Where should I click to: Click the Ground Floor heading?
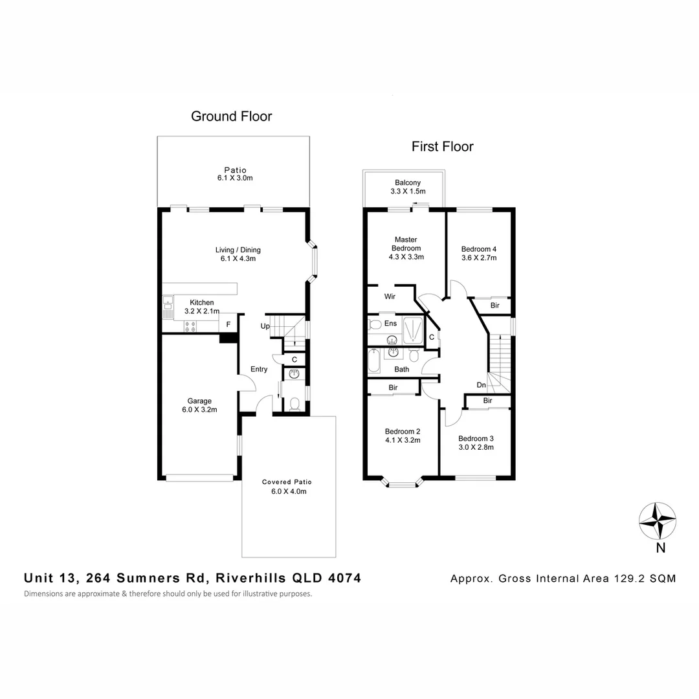coord(231,116)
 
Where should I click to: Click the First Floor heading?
coord(442,147)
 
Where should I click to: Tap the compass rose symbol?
coord(658,521)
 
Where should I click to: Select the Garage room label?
coord(199,401)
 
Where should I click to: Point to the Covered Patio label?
coord(287,482)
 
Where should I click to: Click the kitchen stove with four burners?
coord(190,326)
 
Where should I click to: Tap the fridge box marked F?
coord(228,324)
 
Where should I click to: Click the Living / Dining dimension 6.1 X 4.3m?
coord(238,258)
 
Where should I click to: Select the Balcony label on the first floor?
coord(408,183)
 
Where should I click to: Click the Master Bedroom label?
coord(406,244)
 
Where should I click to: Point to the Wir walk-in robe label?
coord(390,296)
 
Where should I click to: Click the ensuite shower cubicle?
coord(413,330)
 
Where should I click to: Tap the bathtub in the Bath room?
coord(374,361)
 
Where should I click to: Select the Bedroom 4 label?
coord(479,249)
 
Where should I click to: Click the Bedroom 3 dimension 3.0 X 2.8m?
coord(476,447)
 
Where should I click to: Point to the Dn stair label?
coord(481,385)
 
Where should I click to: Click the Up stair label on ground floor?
coord(265,326)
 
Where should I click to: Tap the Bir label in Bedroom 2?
coord(393,388)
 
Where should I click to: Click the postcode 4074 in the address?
coord(344,578)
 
